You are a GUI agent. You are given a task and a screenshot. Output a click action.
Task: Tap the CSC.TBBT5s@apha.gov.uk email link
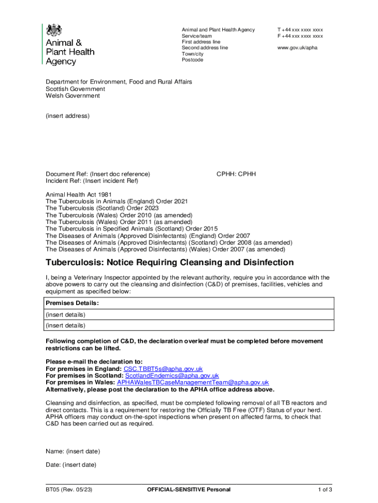(163, 369)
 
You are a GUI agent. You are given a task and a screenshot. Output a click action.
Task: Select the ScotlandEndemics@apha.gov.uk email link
(172, 376)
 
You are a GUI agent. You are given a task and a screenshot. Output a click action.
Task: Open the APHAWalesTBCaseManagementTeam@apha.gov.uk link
(192, 383)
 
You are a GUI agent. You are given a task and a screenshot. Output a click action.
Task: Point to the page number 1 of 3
(325, 490)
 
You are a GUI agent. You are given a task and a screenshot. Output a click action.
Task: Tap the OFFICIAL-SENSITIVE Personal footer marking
(189, 490)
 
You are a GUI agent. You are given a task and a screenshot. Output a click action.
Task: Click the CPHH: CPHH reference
(236, 174)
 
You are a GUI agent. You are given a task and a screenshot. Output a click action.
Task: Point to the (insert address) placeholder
(68, 116)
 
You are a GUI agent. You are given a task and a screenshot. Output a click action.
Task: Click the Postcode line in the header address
(192, 60)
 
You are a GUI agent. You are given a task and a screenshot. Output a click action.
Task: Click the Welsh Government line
(73, 96)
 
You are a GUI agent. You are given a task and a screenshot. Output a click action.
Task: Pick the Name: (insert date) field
(73, 451)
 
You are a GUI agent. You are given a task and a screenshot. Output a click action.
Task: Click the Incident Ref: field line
(92, 181)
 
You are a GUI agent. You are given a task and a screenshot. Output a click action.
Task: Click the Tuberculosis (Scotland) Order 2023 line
(102, 208)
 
